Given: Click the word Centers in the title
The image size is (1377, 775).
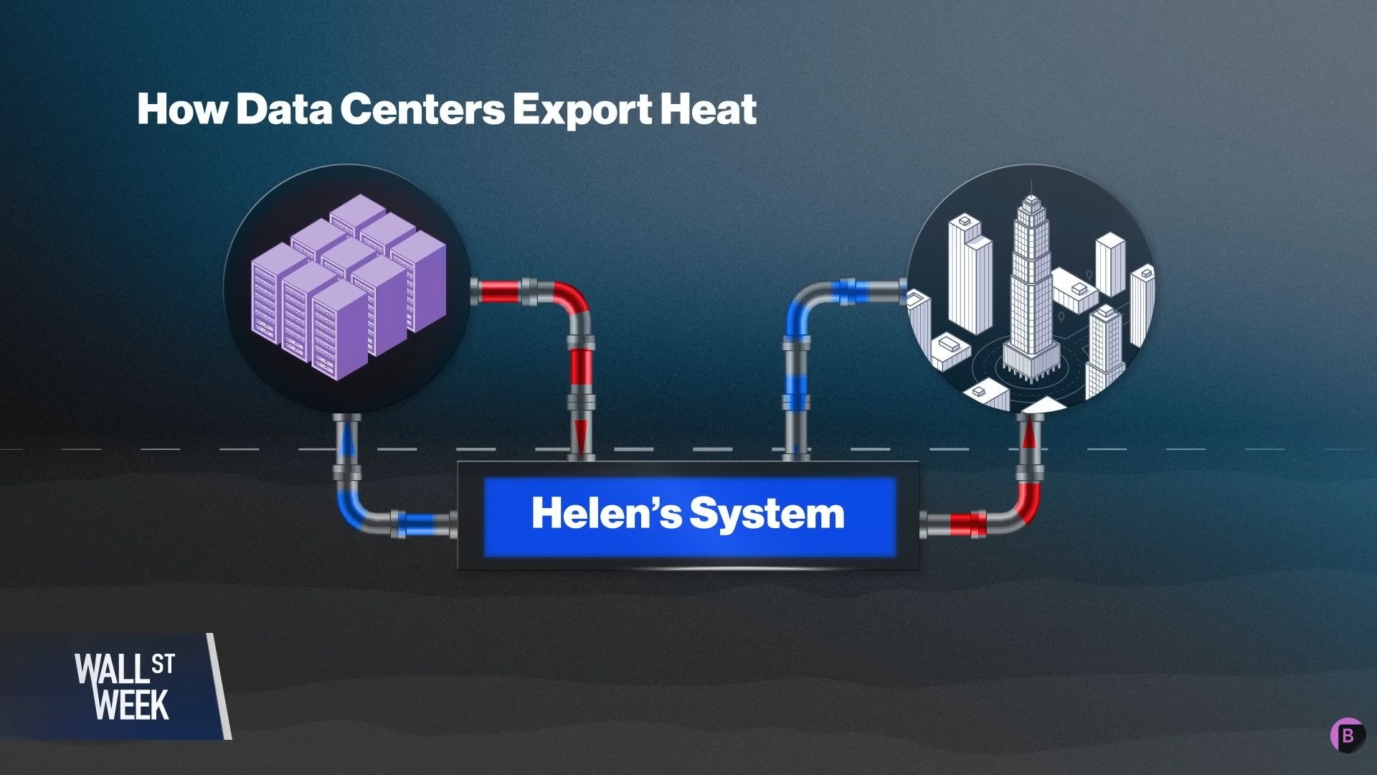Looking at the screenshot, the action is pyautogui.click(x=422, y=108).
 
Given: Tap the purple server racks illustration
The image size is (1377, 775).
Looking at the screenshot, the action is pyautogui.click(x=349, y=286).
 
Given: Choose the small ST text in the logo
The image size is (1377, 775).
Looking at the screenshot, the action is pyautogui.click(x=163, y=664).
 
